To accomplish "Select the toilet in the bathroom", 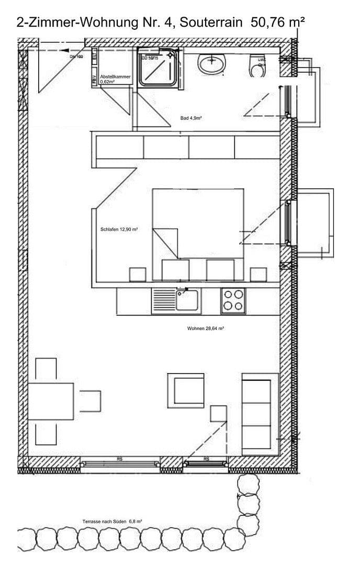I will click(257, 66).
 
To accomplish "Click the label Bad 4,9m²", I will click(191, 118).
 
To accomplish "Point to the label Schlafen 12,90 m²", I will click(119, 229).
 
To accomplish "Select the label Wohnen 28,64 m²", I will click(206, 329).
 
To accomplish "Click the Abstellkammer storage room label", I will click(115, 79).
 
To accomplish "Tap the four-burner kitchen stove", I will click(233, 301).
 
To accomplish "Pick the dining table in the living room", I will click(51, 401).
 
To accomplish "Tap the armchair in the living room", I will click(185, 390).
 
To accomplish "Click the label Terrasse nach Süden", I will click(113, 521).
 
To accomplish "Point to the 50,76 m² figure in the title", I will click(278, 22).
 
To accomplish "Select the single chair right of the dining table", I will click(90, 401).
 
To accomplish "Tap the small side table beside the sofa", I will click(218, 413).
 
